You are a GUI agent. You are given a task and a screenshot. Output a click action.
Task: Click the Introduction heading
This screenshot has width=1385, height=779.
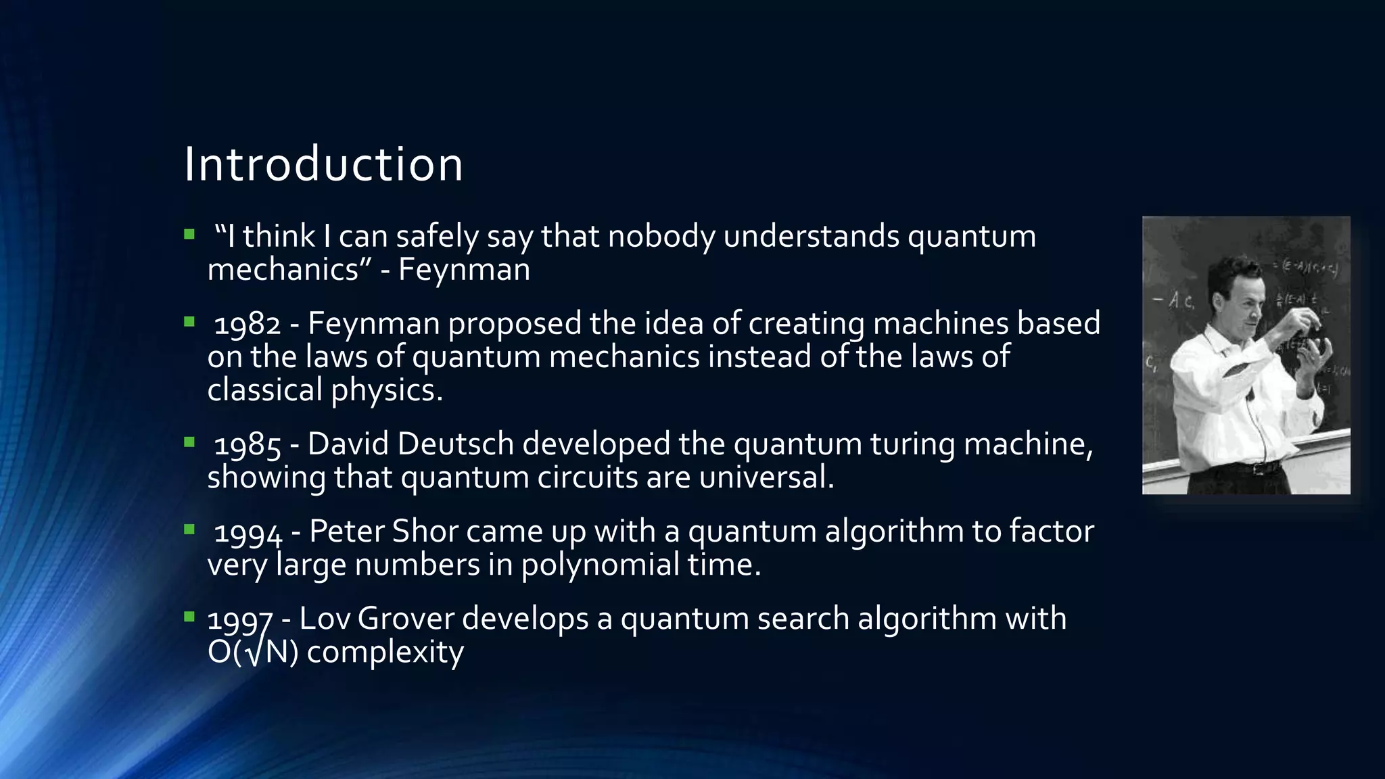click(323, 164)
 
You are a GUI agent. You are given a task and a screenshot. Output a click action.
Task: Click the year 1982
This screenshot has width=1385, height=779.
click(247, 324)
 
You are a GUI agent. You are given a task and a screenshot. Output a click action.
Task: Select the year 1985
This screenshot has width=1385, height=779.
click(247, 445)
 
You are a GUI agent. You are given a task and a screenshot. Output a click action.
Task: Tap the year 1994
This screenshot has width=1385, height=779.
click(248, 532)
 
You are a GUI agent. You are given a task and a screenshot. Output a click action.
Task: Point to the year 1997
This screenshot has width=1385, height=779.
click(239, 619)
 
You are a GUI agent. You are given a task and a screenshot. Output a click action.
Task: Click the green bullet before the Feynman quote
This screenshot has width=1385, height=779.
click(189, 235)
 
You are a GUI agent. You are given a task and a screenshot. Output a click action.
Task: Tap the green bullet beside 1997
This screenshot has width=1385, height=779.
click(189, 617)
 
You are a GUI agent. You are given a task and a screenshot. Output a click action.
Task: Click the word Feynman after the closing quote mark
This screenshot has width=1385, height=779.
click(464, 270)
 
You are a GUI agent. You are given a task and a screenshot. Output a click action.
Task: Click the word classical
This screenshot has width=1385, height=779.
click(265, 390)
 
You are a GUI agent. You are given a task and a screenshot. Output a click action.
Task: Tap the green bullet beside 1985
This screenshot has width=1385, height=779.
click(189, 443)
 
